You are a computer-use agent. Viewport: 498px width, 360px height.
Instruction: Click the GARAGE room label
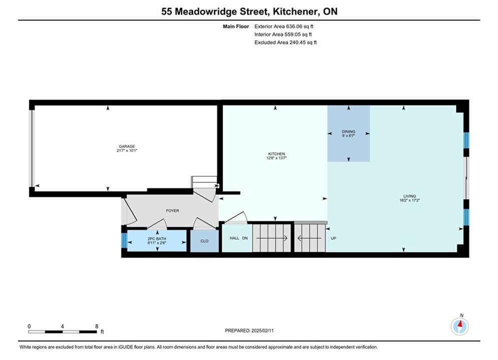127,146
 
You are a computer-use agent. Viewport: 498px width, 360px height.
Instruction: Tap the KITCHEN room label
276,154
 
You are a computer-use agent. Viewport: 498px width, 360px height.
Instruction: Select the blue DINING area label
348,131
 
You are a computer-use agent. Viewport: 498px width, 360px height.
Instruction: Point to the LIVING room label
410,196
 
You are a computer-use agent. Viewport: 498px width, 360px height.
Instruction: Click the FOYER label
173,210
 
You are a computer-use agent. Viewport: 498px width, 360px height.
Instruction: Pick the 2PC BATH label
157,239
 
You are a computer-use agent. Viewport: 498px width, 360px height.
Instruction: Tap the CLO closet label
205,241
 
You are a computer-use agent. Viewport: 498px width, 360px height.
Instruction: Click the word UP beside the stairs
333,238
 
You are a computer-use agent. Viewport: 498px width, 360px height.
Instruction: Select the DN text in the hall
245,238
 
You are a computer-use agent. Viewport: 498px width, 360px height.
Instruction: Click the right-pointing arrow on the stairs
272,238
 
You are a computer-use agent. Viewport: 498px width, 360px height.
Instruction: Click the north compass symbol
459,325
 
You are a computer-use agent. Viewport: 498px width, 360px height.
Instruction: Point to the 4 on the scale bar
63,326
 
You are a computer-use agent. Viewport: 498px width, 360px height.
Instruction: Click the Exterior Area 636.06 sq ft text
284,26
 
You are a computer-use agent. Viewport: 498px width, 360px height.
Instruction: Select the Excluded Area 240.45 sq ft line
285,42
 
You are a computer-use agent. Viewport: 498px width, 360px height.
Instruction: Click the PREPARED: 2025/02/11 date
249,330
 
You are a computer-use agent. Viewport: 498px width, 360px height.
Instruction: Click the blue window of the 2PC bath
124,240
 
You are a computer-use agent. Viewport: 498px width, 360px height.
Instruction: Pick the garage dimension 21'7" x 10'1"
127,150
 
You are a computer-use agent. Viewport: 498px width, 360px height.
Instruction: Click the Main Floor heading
236,26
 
